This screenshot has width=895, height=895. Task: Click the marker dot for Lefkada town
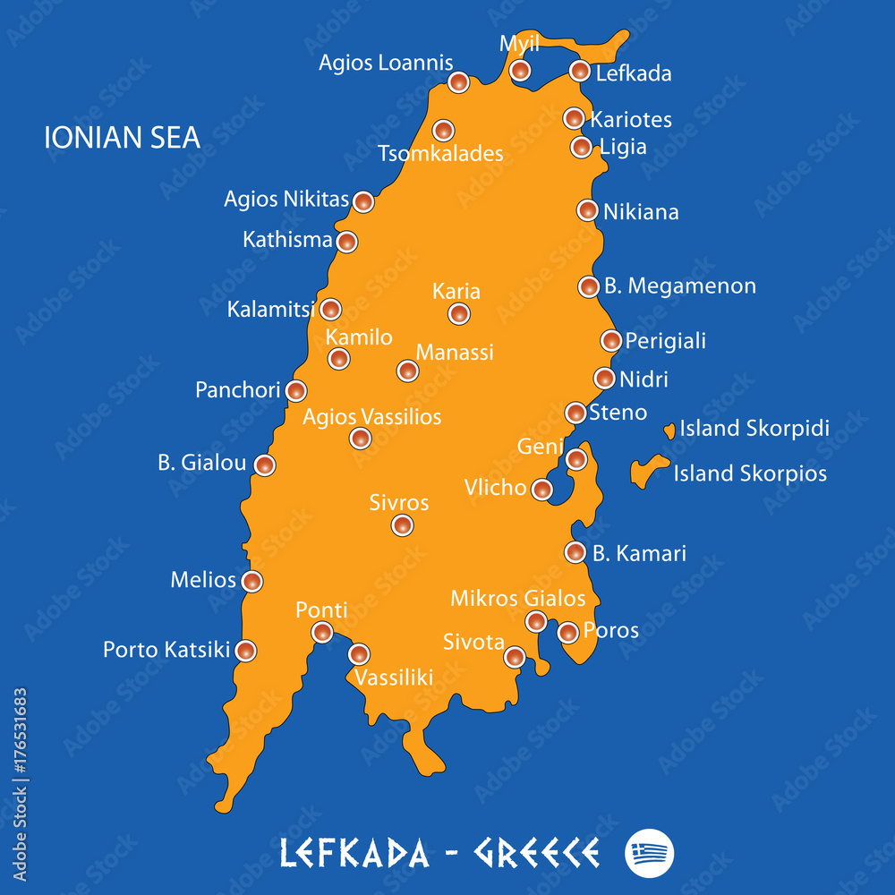pos(580,71)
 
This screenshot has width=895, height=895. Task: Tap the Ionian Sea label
pos(123,137)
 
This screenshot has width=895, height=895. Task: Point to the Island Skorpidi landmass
pos(669,431)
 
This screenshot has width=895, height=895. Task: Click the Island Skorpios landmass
pos(647,470)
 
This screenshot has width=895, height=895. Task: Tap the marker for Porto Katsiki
pos(245,651)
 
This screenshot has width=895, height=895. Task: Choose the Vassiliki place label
pos(394,678)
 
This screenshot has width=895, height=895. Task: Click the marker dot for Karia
pos(459,313)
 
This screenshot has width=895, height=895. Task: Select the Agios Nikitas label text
pos(286,199)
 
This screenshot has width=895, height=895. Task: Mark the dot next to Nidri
pos(605,379)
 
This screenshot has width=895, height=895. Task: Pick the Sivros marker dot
pos(403,525)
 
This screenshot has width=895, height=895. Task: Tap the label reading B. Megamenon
pos(680,286)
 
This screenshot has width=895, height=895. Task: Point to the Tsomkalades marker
pos(443,131)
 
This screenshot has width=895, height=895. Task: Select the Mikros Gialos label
pos(518,598)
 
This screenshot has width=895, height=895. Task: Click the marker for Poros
pos(567,633)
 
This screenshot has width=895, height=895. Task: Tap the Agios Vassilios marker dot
pos(360,438)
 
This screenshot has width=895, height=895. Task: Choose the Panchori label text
pos(238,391)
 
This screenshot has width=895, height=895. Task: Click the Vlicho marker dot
pos(542,490)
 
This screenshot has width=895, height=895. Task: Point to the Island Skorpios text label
pos(750,473)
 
